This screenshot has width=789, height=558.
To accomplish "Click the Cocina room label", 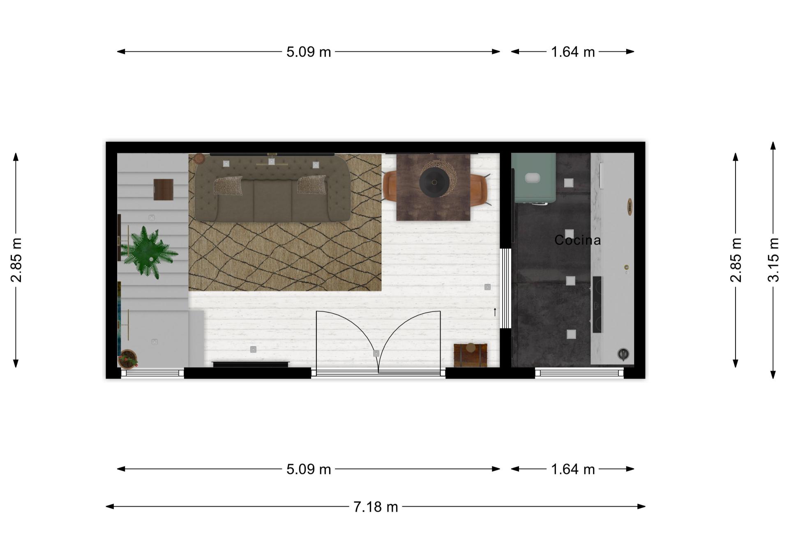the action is (577, 240).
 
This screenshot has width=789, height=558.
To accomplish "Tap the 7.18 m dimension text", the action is (376, 507).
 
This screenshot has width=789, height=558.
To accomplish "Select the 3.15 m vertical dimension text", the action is (773, 259).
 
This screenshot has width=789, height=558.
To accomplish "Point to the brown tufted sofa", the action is (272, 188).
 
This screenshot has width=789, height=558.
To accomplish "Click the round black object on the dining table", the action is (434, 181).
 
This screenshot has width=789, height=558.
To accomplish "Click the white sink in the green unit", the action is (533, 178).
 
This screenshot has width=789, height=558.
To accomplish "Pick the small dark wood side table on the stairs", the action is (164, 190).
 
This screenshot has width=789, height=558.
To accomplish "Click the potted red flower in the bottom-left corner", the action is (128, 359).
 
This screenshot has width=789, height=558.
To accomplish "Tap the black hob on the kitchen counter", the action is (597, 304).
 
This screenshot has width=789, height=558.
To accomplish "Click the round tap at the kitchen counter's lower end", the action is (623, 354).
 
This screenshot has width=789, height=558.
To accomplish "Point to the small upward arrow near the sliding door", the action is (495, 312).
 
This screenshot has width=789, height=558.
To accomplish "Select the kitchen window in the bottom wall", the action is (579, 373).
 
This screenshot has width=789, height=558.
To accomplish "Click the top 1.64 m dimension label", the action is (573, 52).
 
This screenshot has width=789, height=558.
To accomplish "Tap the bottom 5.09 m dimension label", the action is (309, 469).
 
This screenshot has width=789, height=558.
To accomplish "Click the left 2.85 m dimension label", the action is (16, 259).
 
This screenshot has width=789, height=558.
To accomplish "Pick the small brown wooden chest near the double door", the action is (471, 355).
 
